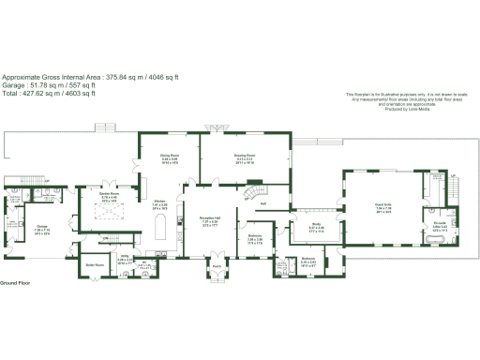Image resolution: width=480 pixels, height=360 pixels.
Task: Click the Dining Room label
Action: pyautogui.click(x=170, y=157)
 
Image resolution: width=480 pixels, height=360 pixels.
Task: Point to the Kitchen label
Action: pyautogui.click(x=159, y=201)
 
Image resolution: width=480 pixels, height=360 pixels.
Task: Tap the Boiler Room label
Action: pyautogui.click(x=95, y=264)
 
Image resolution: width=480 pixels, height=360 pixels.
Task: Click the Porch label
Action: pyautogui.click(x=216, y=264)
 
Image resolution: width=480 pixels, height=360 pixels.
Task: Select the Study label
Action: pyautogui.click(x=316, y=224)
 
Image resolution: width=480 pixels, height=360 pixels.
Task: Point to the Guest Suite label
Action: pyautogui.click(x=382, y=203)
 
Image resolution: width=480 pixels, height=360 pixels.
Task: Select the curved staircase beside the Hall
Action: pyautogui.click(x=250, y=195)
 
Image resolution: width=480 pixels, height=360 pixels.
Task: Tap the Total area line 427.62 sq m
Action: pyautogui.click(x=48, y=93)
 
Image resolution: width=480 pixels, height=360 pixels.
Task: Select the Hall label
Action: pyautogui.click(x=263, y=202)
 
